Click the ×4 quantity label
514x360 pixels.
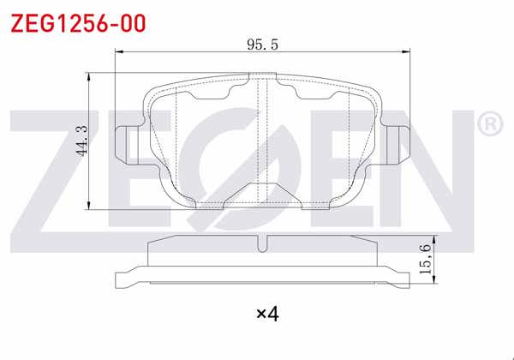coord(268,315)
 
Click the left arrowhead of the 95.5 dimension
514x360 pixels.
coord(119,53)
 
